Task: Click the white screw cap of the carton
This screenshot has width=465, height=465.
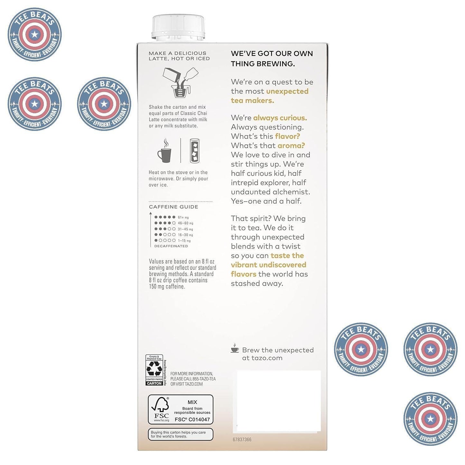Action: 178,27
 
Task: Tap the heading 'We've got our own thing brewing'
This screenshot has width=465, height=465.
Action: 272,59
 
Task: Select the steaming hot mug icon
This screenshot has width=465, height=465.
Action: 164,151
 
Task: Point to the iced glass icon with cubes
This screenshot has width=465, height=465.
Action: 194,150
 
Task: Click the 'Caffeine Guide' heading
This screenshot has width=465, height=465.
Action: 173,207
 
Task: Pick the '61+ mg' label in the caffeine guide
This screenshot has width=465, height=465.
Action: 183,218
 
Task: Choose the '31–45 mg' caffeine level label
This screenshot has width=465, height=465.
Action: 185,229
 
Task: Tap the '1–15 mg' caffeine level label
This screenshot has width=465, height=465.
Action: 184,241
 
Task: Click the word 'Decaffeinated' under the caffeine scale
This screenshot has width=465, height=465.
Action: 171,246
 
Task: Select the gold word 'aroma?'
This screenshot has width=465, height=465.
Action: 291,145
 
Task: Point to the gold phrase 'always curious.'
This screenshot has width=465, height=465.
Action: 280,118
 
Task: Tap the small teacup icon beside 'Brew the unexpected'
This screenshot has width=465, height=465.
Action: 235,349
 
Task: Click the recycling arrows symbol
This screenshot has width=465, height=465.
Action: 154,369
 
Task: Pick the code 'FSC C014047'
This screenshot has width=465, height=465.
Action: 192,420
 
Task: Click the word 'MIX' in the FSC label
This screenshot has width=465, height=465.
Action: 192,402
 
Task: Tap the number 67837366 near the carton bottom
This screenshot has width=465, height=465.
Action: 242,440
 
